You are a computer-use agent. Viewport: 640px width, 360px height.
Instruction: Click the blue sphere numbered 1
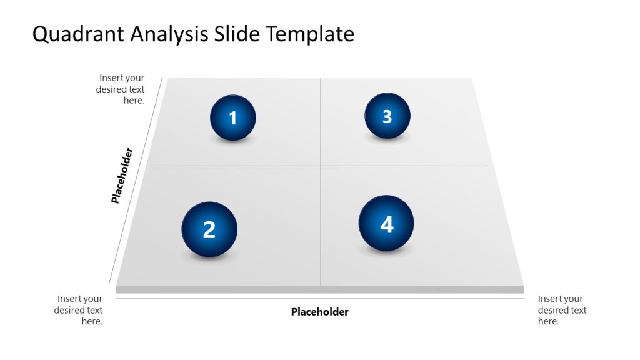click(233, 117)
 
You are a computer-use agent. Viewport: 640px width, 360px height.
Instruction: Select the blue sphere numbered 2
click(209, 229)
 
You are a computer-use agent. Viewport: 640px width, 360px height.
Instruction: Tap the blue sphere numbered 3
click(387, 116)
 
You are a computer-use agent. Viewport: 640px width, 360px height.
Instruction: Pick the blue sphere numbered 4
click(386, 224)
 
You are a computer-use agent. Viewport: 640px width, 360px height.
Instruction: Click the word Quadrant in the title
click(78, 34)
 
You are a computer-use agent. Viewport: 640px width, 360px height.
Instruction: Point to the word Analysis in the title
click(169, 34)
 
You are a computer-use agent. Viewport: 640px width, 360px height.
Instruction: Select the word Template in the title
click(311, 34)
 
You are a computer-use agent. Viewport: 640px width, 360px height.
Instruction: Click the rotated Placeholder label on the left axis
click(122, 176)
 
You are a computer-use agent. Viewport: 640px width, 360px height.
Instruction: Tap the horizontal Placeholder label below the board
click(319, 312)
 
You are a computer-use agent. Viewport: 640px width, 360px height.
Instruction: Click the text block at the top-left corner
click(121, 89)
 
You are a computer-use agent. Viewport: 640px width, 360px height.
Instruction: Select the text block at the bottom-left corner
click(79, 310)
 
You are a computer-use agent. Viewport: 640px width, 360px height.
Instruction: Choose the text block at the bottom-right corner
click(562, 310)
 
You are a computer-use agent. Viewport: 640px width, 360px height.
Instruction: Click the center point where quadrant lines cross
click(320, 166)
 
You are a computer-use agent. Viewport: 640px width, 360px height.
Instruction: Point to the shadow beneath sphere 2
click(209, 257)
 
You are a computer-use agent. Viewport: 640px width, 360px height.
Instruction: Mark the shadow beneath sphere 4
click(386, 251)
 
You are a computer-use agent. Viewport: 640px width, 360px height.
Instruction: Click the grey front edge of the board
click(319, 289)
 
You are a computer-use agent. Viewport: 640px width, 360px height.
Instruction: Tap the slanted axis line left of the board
click(136, 181)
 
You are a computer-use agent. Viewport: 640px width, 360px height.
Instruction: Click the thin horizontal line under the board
click(319, 299)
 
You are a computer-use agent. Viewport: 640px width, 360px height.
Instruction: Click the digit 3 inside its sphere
click(387, 116)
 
